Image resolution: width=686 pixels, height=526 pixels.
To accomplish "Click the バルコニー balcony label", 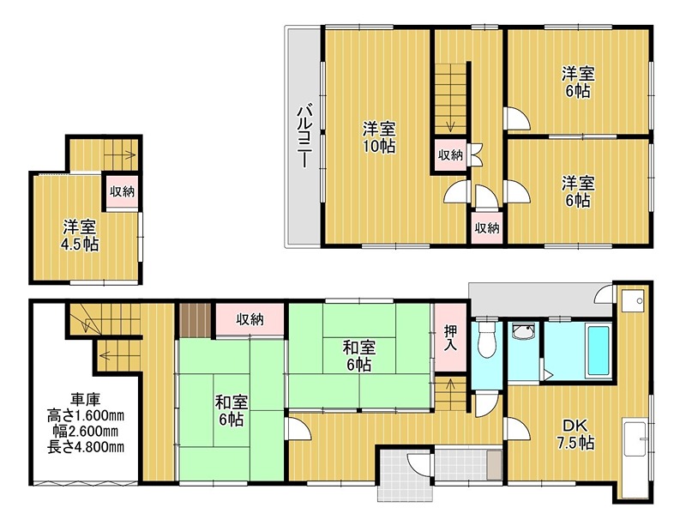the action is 304,136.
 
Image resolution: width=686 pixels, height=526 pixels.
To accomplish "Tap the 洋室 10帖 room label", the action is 379,137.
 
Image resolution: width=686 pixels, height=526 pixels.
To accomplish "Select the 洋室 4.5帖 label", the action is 80,236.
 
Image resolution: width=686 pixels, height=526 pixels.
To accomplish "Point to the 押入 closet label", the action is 450,338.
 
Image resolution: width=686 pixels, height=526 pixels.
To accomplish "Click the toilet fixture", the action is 486,341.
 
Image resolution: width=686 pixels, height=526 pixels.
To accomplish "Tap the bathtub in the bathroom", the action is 599,351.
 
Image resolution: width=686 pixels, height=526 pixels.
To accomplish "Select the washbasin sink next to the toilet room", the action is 524,331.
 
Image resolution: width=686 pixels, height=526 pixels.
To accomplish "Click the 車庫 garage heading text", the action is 86,399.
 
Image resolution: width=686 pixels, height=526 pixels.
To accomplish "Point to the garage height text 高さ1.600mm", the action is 85,415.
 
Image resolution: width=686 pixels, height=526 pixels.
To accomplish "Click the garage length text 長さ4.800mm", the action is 85,447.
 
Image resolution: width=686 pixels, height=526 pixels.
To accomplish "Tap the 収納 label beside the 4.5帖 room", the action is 122,191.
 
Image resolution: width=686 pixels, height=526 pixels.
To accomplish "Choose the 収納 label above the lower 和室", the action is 250,319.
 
